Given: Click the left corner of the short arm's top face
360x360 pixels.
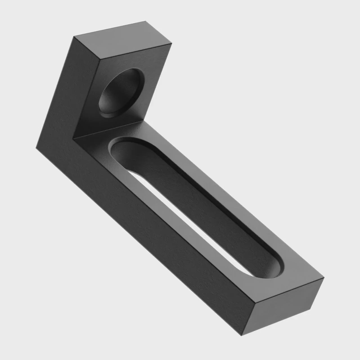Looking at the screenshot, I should pos(74,37).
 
